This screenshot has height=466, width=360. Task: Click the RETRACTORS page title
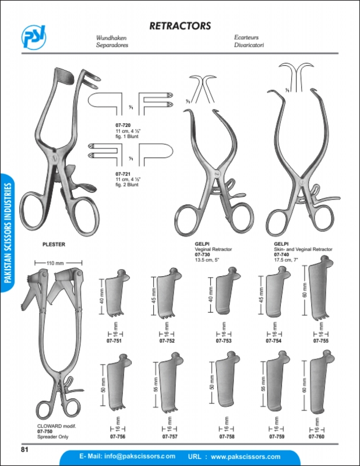[179, 26]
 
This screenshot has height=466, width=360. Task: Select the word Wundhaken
[111, 37]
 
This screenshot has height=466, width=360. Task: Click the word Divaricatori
[249, 44]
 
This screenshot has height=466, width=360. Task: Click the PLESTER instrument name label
[54, 245]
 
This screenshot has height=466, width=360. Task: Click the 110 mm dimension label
[55, 264]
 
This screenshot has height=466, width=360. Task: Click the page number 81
[24, 449]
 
